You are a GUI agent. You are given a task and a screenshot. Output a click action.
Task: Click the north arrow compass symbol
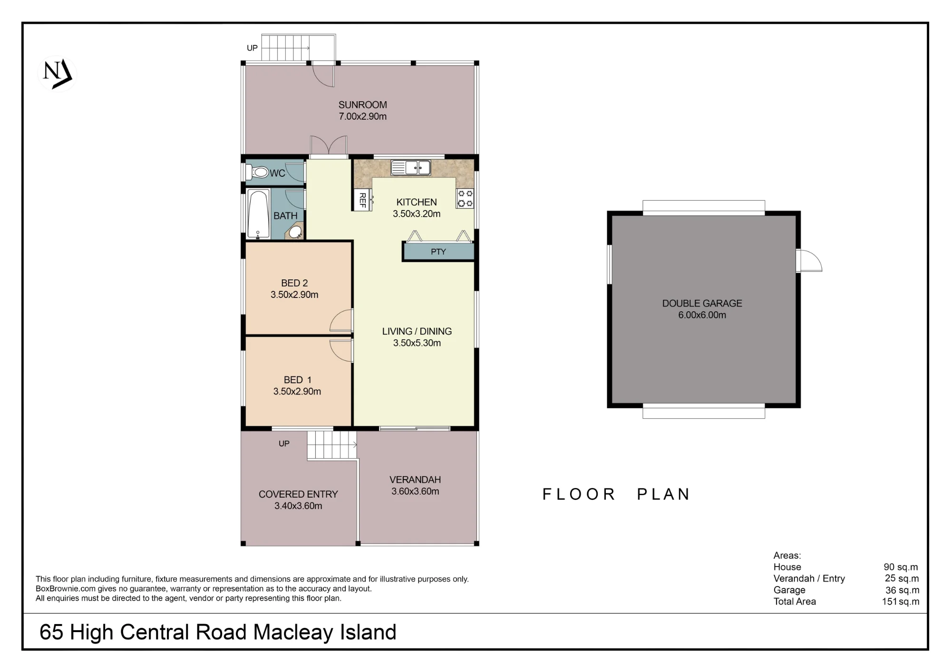tap(57, 74)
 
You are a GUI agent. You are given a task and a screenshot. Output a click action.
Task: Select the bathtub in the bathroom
tap(258, 214)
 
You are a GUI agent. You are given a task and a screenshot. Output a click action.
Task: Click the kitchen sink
tap(411, 167)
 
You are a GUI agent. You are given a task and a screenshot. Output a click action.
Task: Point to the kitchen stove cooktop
tap(465, 199)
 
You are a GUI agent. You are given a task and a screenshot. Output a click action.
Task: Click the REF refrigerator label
tap(362, 200)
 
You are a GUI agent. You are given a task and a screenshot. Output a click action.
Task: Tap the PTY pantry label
tap(438, 252)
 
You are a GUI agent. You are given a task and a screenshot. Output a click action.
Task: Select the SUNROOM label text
tap(363, 105)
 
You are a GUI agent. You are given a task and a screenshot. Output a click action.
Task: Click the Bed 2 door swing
tap(341, 320)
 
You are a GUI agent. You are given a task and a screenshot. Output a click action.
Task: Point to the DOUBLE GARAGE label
tap(702, 303)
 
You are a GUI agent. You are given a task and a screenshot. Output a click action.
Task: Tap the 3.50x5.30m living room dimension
tap(417, 343)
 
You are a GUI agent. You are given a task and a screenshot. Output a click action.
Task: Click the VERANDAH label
tap(415, 480)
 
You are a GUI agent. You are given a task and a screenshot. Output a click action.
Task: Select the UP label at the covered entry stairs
tap(284, 444)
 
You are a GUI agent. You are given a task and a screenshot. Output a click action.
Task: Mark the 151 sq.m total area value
tap(901, 602)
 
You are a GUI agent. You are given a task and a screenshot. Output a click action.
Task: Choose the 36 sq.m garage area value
tap(902, 590)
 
